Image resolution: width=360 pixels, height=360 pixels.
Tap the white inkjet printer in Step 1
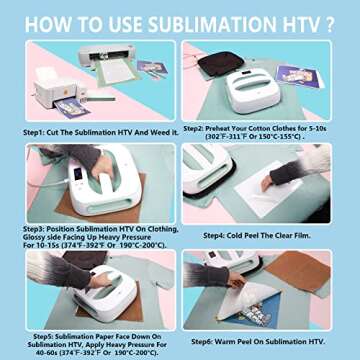click(x=54, y=94)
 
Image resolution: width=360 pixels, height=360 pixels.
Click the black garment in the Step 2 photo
click(x=216, y=64)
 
